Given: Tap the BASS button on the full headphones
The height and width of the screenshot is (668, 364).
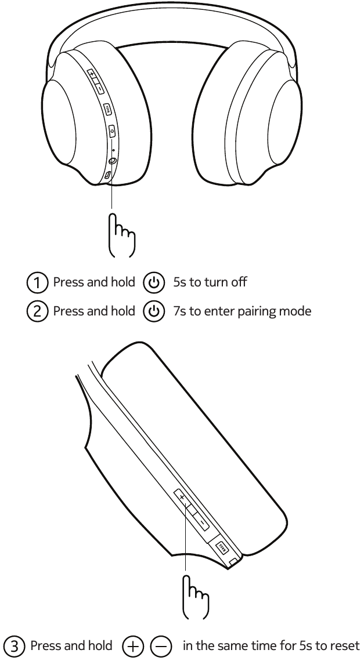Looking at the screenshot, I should [108, 108].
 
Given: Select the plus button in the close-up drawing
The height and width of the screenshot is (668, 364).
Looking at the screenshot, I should [182, 498].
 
